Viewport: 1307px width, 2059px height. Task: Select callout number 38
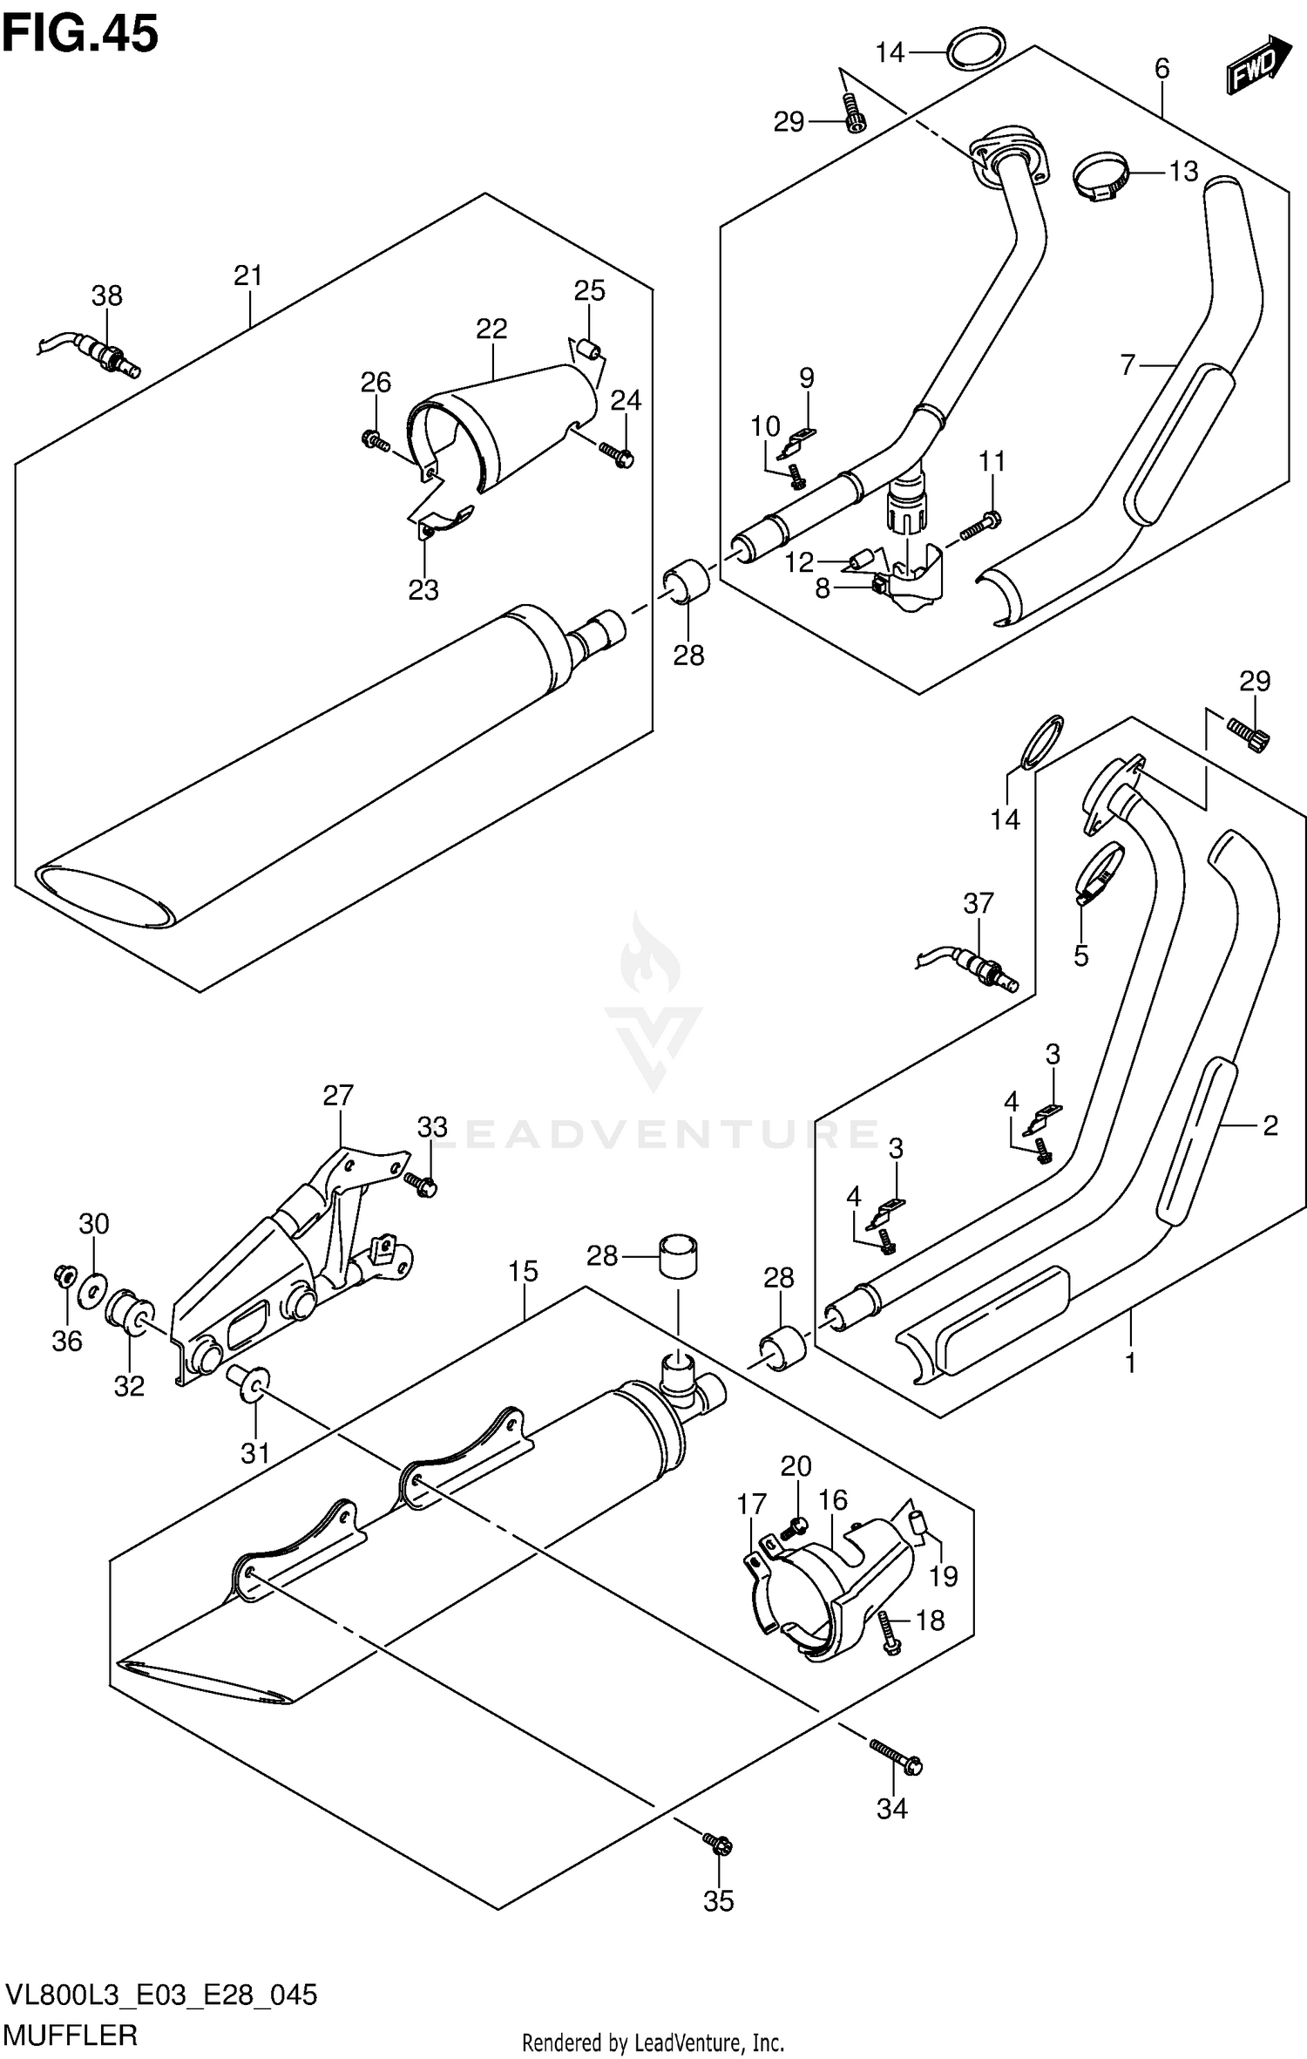[x=107, y=296]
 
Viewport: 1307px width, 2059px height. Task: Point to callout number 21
[x=248, y=276]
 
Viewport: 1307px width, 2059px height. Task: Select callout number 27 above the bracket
[x=338, y=1095]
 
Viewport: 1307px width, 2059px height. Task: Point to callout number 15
[x=523, y=1272]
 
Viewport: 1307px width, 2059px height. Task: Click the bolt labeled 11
[x=981, y=524]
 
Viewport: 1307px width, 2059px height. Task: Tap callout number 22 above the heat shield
[x=491, y=329]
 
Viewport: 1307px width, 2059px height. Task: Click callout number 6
[x=1161, y=69]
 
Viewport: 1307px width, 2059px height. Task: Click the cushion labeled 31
[x=247, y=1383]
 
